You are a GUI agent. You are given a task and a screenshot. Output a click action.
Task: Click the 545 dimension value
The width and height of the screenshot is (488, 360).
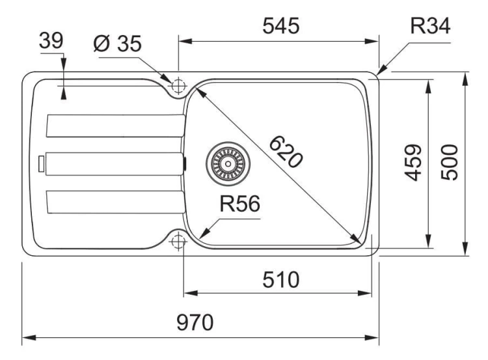tap(280, 25)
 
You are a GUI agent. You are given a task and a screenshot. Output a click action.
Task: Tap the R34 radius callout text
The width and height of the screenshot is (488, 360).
tap(430, 25)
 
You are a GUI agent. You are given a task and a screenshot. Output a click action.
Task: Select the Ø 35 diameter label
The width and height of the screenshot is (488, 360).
tap(117, 43)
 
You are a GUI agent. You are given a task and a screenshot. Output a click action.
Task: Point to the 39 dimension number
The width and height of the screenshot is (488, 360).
tap(51, 40)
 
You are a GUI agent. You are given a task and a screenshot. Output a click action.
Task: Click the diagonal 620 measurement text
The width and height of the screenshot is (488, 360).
tap(286, 152)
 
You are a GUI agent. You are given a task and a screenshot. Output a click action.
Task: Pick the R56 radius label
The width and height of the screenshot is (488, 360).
tap(239, 204)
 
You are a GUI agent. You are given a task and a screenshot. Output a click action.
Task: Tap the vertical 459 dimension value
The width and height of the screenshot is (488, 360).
tap(413, 163)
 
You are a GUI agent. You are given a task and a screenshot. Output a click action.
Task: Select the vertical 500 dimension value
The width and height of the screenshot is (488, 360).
tap(450, 163)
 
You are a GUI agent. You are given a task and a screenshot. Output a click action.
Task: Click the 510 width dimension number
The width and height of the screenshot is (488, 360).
tap(280, 280)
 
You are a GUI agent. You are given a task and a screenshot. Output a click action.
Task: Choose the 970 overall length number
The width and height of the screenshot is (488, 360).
tap(195, 323)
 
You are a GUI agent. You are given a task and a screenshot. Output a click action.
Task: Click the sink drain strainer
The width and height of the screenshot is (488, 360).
tap(228, 163)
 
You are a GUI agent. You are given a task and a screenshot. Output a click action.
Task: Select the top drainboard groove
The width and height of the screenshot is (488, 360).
tap(115, 126)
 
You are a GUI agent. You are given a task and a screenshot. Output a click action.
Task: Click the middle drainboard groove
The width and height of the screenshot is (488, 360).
tap(115, 164)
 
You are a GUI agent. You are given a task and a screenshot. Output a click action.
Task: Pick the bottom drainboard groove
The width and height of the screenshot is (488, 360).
tap(115, 202)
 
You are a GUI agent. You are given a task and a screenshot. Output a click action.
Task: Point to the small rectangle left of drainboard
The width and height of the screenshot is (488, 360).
tap(42, 164)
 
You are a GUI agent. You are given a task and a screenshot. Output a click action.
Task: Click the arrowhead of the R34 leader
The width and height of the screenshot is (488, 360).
tap(381, 70)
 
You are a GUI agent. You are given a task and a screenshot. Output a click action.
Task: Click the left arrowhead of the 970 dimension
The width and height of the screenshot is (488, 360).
tap(29, 338)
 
